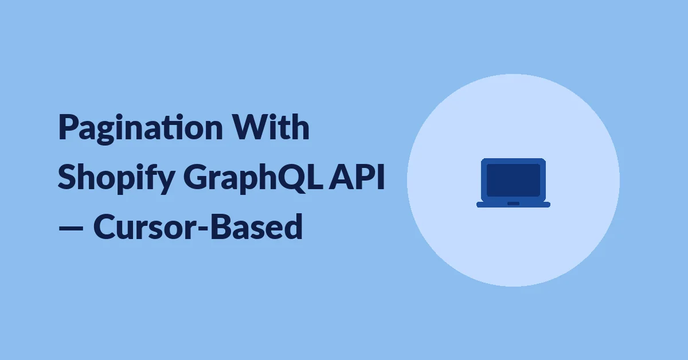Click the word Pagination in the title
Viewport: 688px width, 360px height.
pyautogui.click(x=140, y=128)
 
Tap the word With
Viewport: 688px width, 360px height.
pyautogui.click(x=270, y=127)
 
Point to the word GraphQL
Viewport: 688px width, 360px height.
pyautogui.click(x=253, y=178)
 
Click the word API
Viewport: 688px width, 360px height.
pyautogui.click(x=357, y=177)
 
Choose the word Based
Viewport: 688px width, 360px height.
pyautogui.click(x=257, y=226)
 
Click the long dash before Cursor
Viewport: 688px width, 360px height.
pyautogui.click(x=71, y=228)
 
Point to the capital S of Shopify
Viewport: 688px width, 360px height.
pyautogui.click(x=67, y=177)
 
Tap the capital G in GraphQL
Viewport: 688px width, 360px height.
pyautogui.click(x=196, y=177)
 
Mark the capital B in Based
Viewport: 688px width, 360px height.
pyautogui.click(x=221, y=226)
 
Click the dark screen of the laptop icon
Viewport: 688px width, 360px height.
pyautogui.click(x=513, y=180)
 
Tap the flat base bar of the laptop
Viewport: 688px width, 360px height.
pyautogui.click(x=513, y=205)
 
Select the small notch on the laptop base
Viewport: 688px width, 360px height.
pyautogui.click(x=513, y=204)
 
